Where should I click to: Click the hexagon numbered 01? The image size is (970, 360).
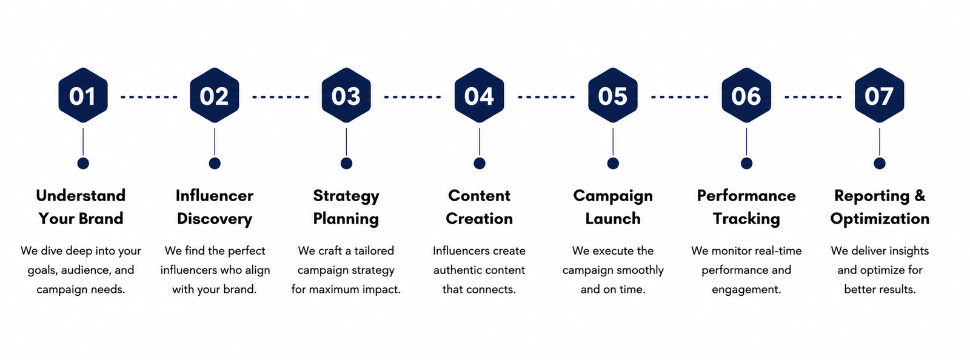coord(82,95)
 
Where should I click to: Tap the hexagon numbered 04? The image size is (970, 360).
coord(480,95)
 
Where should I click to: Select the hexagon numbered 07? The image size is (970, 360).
coord(880,95)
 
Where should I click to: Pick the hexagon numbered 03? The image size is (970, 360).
coord(346,95)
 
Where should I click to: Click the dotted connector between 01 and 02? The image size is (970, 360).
coord(149,97)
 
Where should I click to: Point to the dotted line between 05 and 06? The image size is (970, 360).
coord(680,97)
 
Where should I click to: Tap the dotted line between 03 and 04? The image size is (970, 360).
coord(412,97)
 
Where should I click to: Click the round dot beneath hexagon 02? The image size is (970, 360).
coord(215,163)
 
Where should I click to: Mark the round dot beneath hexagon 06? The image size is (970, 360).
coord(746,163)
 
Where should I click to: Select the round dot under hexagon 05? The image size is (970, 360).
coord(613,163)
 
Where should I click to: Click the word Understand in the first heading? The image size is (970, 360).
coord(81,196)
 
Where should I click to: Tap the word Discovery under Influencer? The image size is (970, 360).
coord(215,219)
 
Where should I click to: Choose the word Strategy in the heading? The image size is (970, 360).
coord(346,196)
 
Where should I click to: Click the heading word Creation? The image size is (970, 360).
coord(480,219)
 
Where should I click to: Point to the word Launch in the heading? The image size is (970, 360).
coord(613,219)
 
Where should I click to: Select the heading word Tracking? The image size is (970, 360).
coord(746,219)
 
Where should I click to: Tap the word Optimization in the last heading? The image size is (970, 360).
coord(880,219)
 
